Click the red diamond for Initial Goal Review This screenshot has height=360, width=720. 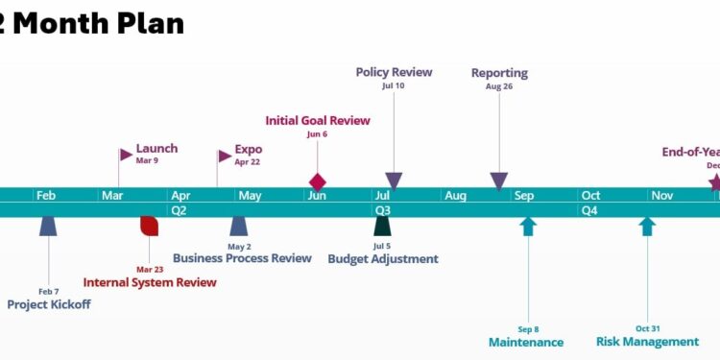[318, 181]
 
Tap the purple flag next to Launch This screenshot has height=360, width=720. [126, 154]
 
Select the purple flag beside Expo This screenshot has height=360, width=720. [226, 155]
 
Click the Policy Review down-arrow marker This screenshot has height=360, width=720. [394, 180]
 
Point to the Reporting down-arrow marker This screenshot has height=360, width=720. [499, 180]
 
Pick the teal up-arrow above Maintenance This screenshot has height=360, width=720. [528, 227]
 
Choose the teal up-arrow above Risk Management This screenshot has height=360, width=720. [648, 227]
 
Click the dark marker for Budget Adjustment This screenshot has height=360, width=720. [382, 226]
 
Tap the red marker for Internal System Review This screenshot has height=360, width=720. [149, 226]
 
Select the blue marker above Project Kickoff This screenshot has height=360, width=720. [48, 226]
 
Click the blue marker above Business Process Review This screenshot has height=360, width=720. [239, 226]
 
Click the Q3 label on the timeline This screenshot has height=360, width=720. [382, 209]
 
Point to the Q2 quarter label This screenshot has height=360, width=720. [179, 209]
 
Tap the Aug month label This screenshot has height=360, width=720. [455, 195]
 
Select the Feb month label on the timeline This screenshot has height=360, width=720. [46, 195]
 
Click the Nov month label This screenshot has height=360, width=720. [662, 195]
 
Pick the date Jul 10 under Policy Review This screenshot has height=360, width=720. [394, 86]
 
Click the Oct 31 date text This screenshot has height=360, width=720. [648, 328]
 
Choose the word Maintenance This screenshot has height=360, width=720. [526, 342]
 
